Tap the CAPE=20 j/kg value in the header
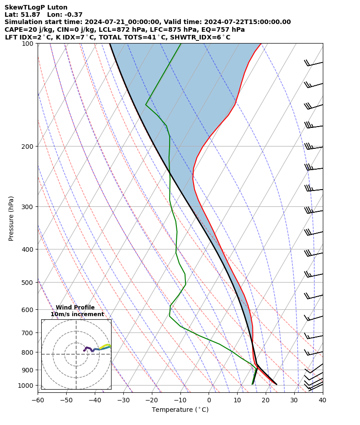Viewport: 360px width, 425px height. (x=24, y=29)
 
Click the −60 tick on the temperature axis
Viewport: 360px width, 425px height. (x=38, y=401)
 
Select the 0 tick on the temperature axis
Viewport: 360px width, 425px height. (x=209, y=401)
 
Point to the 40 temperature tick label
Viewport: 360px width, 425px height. (x=322, y=401)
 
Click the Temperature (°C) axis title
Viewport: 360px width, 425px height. (x=180, y=410)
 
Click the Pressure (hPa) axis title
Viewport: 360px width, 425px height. (x=11, y=218)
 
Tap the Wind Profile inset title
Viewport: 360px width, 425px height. (x=75, y=308)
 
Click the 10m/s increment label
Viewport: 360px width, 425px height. (x=77, y=314)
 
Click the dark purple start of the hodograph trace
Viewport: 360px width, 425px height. (x=84, y=351)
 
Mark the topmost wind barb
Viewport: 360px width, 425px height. (x=313, y=64)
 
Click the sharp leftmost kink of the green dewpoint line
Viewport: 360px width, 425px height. (x=146, y=105)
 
